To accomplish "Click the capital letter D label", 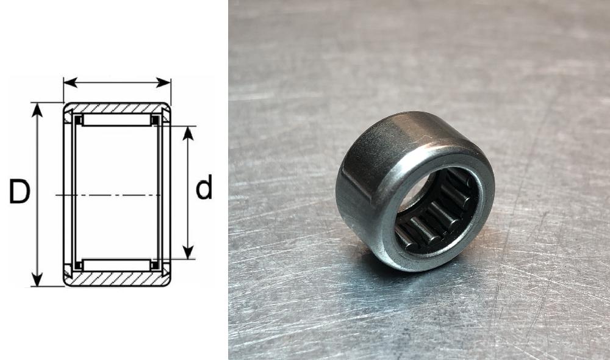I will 20,192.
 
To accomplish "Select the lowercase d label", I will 204,187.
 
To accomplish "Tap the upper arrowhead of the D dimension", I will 38,109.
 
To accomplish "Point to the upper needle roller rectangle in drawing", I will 116,120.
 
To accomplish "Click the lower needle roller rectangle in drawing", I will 116,265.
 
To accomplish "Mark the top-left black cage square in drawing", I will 78,120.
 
